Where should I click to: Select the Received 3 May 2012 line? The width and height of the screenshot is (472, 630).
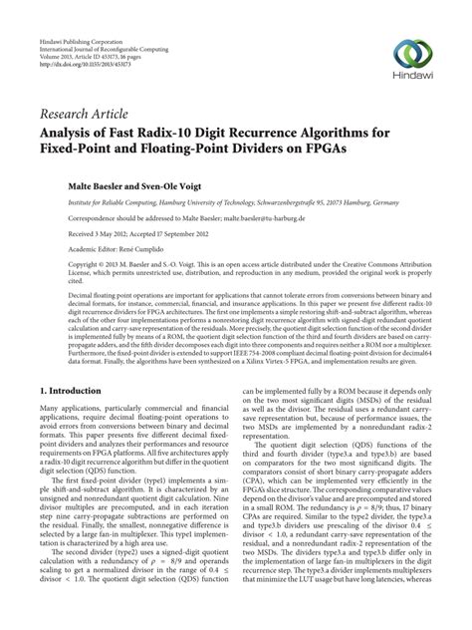92,232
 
